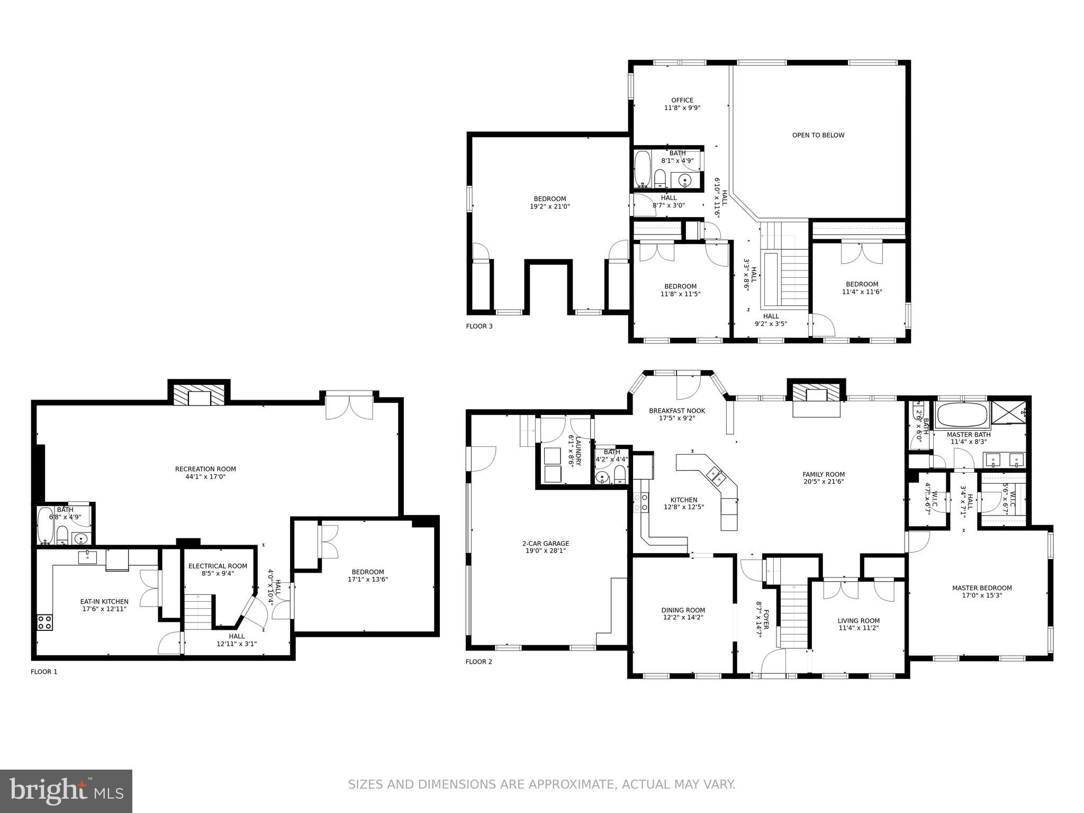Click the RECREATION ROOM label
click(205, 469)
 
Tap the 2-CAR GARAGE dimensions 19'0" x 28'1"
click(545, 551)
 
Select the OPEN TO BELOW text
click(818, 135)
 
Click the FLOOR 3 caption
click(479, 327)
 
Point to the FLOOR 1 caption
click(44, 672)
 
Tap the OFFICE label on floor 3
click(682, 100)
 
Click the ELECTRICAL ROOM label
click(218, 566)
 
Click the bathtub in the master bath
click(962, 414)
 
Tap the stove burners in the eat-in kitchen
click(44, 622)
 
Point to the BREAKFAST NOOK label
click(677, 411)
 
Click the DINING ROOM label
click(683, 610)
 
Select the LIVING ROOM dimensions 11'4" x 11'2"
click(858, 628)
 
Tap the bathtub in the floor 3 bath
click(642, 169)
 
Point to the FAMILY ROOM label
click(823, 474)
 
